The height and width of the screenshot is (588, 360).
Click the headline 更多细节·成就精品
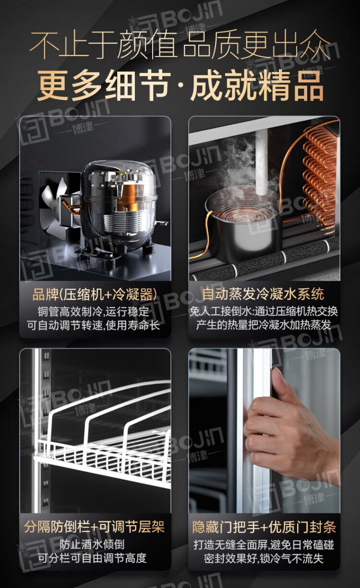pyautogui.click(x=180, y=85)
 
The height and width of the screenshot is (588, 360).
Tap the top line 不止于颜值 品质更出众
pyautogui.click(x=180, y=45)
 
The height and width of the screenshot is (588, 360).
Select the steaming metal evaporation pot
pyautogui.click(x=243, y=226)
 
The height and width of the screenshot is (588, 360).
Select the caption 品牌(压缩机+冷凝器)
pyautogui.click(x=95, y=294)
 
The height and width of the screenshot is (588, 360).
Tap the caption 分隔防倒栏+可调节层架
pyautogui.click(x=95, y=526)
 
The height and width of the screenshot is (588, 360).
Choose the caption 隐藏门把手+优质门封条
pyautogui.click(x=264, y=526)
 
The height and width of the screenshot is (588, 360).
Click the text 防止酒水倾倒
pyautogui.click(x=92, y=544)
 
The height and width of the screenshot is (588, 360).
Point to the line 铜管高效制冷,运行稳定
pyautogui.click(x=93, y=312)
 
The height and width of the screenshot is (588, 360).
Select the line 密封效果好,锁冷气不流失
pyautogui.click(x=264, y=558)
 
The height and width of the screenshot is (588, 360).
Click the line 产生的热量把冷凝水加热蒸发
pyautogui.click(x=264, y=325)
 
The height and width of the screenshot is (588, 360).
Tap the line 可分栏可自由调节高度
pyautogui.click(x=92, y=558)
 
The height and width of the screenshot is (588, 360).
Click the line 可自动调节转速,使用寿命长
pyautogui.click(x=94, y=326)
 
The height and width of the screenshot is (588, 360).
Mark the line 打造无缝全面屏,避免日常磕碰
pyautogui.click(x=264, y=544)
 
